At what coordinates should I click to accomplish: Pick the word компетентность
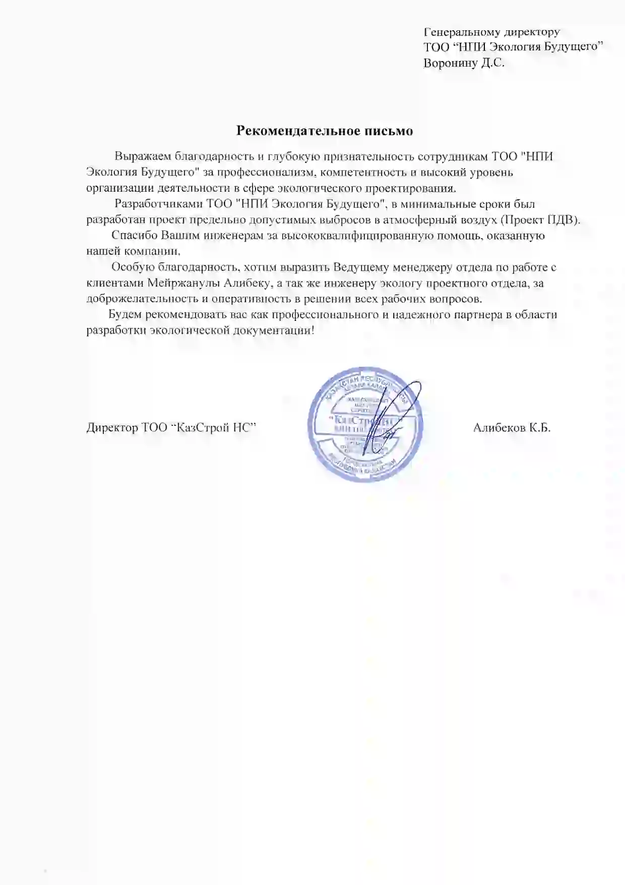(363, 173)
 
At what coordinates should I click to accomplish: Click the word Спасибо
(134, 236)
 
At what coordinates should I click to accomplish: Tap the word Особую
(131, 267)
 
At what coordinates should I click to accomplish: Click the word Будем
(125, 315)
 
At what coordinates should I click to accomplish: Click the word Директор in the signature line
(112, 428)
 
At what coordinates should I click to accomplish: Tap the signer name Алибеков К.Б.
(512, 428)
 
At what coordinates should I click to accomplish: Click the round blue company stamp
(365, 428)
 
